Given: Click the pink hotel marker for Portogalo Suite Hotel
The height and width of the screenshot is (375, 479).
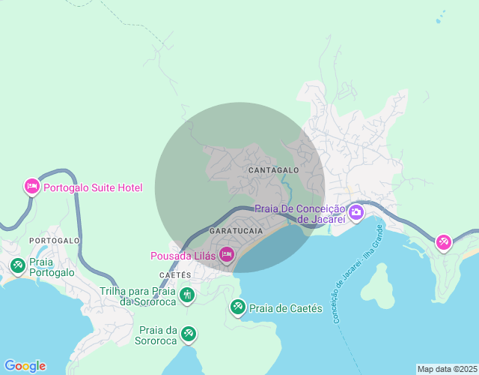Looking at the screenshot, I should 31,186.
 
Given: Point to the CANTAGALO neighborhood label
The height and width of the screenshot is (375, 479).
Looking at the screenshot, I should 273,170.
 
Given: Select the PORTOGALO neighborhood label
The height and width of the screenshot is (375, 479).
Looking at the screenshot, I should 55,240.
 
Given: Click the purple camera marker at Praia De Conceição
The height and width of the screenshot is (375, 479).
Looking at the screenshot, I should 356,212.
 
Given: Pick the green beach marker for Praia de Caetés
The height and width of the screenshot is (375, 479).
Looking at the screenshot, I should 238,307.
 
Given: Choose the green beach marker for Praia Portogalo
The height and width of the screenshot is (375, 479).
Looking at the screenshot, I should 17,265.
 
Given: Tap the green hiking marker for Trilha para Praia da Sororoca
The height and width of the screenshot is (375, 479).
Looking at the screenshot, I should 186,295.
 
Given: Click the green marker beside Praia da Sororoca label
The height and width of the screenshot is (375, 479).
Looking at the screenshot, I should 189,332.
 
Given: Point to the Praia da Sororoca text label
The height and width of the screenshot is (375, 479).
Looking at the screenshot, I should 158,335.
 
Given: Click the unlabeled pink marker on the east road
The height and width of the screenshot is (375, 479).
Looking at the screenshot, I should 444,241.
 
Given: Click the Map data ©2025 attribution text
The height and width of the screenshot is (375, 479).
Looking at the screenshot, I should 446,369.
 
